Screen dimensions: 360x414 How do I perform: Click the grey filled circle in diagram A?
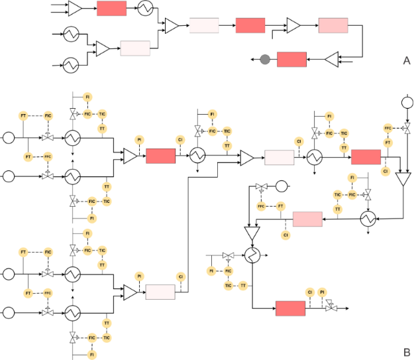tap(265, 60)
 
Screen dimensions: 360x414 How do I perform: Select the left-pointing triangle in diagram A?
tap(331, 60)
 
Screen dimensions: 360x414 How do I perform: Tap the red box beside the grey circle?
tap(291, 60)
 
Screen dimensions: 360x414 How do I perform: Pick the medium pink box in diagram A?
tap(333, 25)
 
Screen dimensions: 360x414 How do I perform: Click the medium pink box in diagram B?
tap(307, 219)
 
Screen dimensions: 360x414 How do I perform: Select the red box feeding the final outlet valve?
tap(290, 308)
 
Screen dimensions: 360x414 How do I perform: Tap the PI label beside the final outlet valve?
tap(322, 292)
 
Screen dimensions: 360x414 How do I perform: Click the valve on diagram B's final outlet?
tap(331, 308)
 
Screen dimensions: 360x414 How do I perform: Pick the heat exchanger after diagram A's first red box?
tap(146, 9)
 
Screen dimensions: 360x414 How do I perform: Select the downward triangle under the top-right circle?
tap(402, 180)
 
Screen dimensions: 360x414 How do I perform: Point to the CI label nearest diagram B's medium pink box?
tap(286, 235)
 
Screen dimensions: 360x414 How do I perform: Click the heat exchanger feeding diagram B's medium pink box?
tap(366, 219)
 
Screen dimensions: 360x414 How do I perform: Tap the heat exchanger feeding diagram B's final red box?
tap(252, 256)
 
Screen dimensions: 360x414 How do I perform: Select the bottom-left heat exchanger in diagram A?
tap(70, 65)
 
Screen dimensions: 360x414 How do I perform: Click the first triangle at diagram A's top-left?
tap(75, 9)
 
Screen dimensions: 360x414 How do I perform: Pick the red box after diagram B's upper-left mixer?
tap(160, 156)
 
